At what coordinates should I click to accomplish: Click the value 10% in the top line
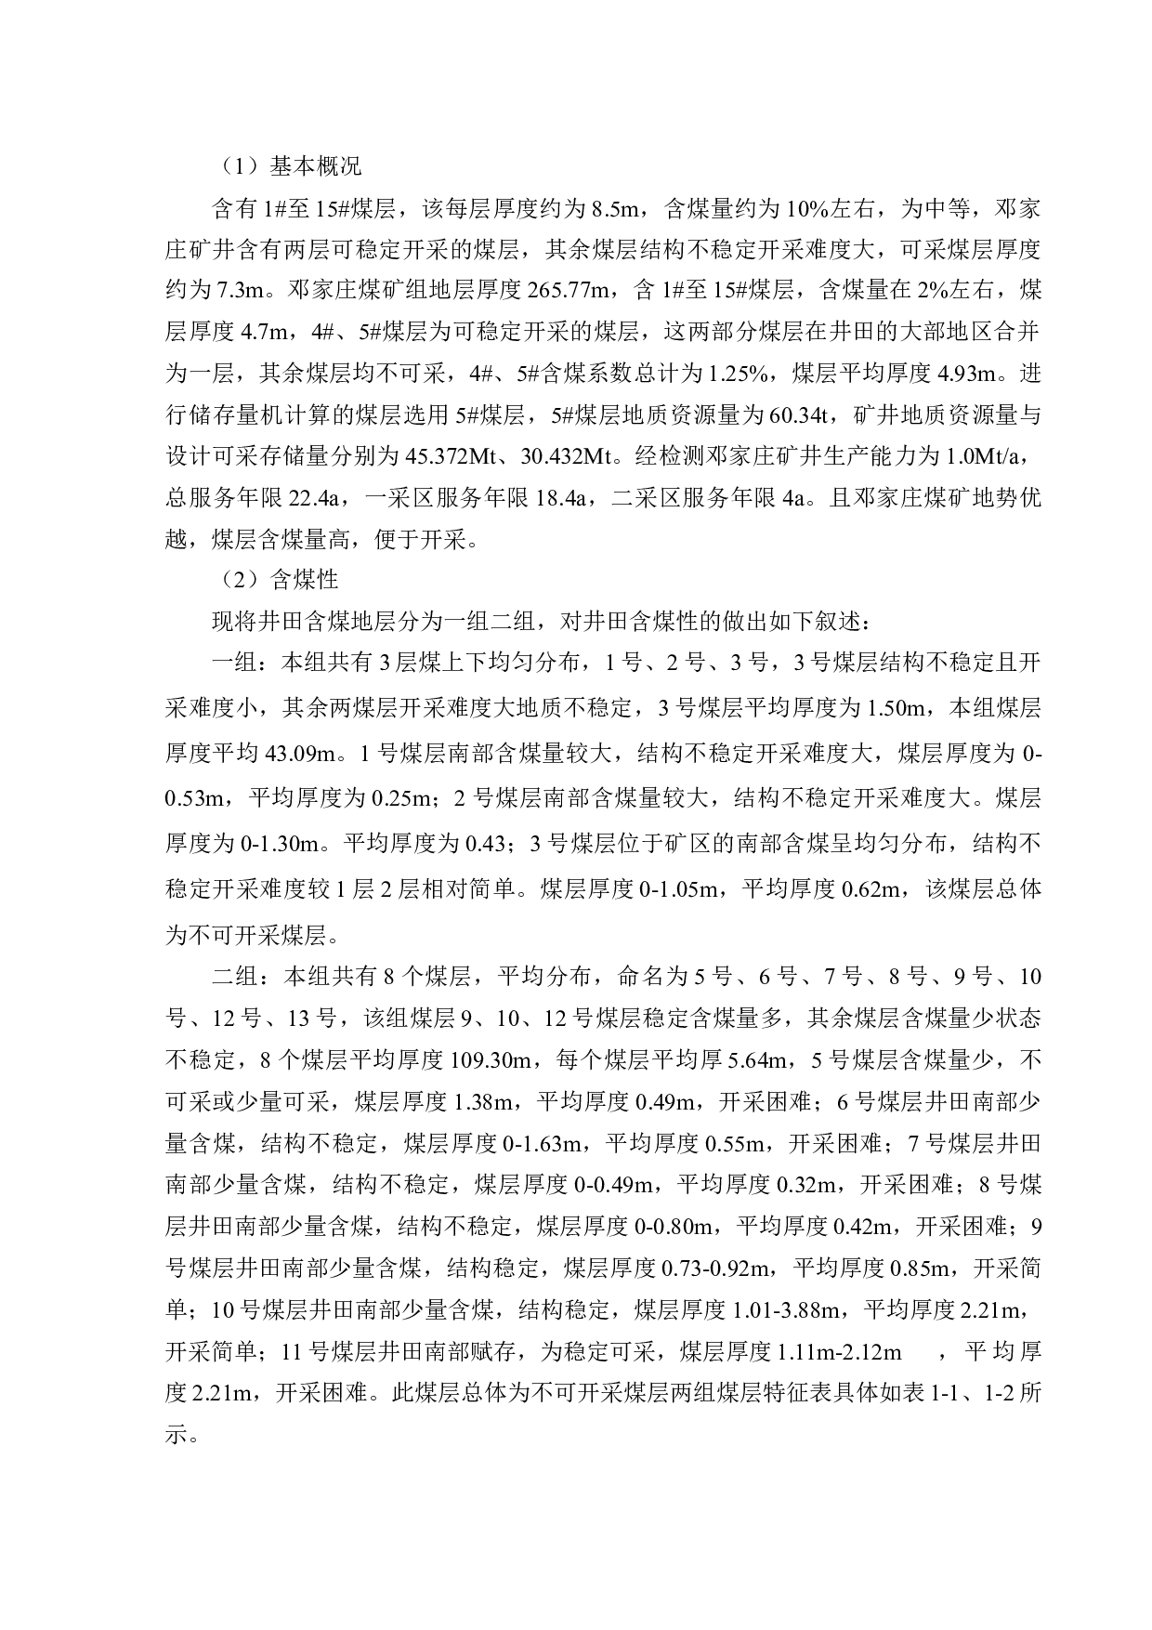pyautogui.click(x=806, y=209)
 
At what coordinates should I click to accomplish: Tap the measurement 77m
pyautogui.click(x=588, y=291)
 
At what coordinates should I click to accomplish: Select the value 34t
pyautogui.click(x=813, y=415)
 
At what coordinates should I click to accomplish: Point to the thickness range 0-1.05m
pyautogui.click(x=678, y=890)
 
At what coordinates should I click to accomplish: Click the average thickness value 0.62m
pyautogui.click(x=871, y=890)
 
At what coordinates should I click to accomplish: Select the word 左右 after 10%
pyautogui.click(x=853, y=209)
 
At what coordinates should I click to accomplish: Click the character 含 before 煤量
pyautogui.click(x=674, y=209)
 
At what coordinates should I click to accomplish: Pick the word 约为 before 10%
pyautogui.click(x=757, y=209)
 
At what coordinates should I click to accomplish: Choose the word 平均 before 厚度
pyautogui.click(x=765, y=890)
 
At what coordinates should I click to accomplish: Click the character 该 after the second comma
pyautogui.click(x=937, y=890)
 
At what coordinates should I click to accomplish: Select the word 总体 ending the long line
pyautogui.click(x=1019, y=890)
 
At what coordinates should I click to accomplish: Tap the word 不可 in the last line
pyautogui.click(x=211, y=936)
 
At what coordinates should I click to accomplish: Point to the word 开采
pyautogui.click(x=257, y=936)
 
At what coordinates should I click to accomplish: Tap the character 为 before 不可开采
pyautogui.click(x=176, y=936)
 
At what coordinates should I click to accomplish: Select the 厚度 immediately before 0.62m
pyautogui.click(x=812, y=890)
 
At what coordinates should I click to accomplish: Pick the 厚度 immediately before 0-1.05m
pyautogui.click(x=611, y=890)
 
